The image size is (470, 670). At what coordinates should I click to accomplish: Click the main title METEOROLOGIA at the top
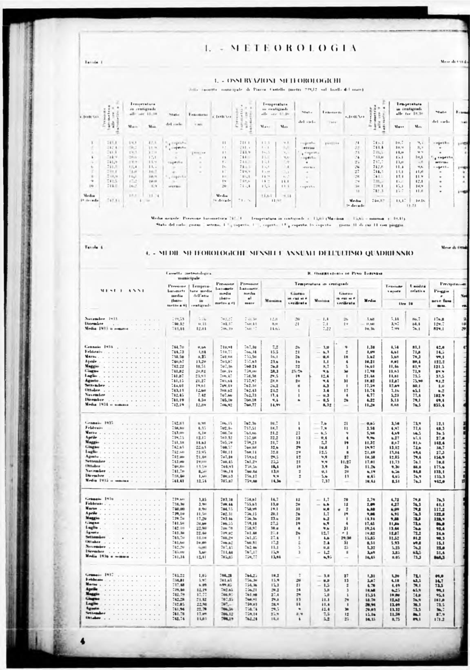(x=281, y=49)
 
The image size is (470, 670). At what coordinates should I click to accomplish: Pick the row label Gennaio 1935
(x=99, y=423)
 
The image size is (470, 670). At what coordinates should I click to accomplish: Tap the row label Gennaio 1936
(x=99, y=499)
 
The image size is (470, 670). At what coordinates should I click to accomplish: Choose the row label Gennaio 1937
(x=99, y=574)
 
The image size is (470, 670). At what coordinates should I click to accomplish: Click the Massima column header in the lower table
(x=273, y=301)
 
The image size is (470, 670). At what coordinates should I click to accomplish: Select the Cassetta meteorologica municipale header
(x=188, y=275)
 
